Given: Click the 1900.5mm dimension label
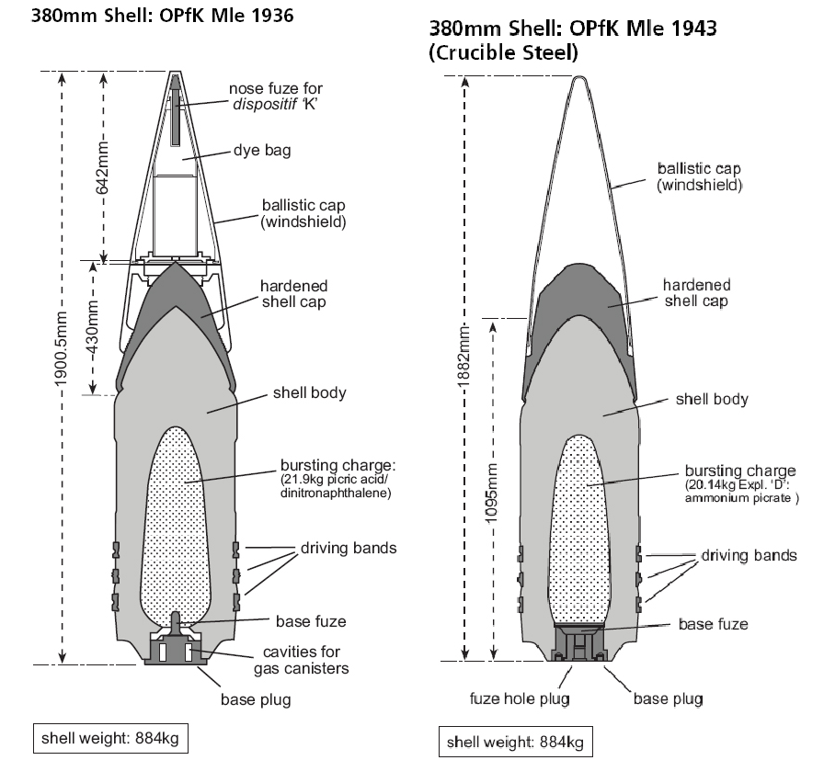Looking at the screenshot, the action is pos(62,348).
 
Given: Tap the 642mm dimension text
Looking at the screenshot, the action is pos(103,167).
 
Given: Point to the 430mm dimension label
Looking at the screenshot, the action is pos(93,329).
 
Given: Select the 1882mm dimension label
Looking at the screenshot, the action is pos(464,357).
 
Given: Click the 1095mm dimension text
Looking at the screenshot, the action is pos(491,494).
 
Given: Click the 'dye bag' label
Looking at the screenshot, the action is pos(262,151).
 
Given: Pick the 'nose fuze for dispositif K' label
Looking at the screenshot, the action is pos(275,96).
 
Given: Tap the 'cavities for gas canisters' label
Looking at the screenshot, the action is pos(301,660).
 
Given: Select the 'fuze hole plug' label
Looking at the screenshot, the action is pos(520,698).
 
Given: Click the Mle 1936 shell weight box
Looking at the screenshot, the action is pos(110,738).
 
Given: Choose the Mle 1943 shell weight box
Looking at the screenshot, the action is pos(516,742).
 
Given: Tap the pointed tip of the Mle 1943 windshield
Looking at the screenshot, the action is pos(578,77).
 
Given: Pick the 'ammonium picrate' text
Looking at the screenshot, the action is pos(738,498).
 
